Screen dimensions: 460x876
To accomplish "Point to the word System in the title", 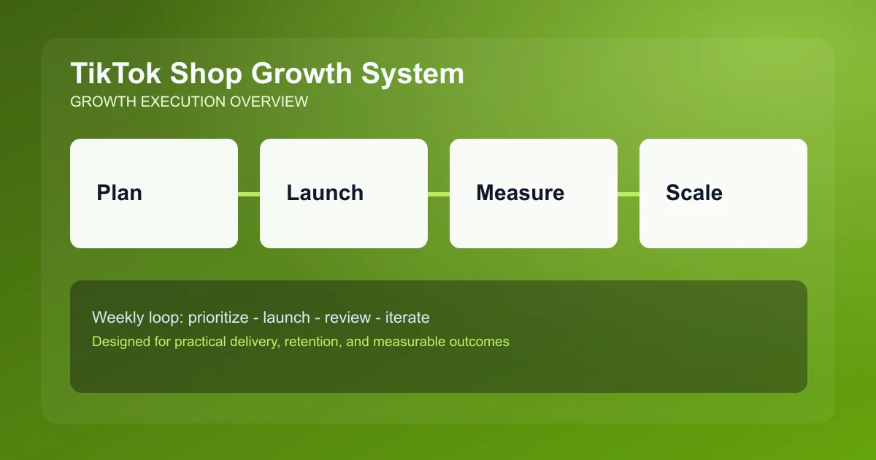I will tap(415, 74).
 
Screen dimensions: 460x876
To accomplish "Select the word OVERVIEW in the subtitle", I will tap(269, 102).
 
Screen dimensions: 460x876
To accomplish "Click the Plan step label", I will tap(119, 193).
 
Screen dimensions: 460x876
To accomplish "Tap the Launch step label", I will tap(325, 193).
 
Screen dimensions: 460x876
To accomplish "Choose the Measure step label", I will tap(520, 193).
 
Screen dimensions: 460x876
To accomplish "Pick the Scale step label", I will tap(694, 193).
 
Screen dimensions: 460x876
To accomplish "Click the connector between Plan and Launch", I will tap(249, 193).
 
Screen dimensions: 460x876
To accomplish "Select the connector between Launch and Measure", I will tap(439, 193).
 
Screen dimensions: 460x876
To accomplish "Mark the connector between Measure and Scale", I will tap(629, 193).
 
